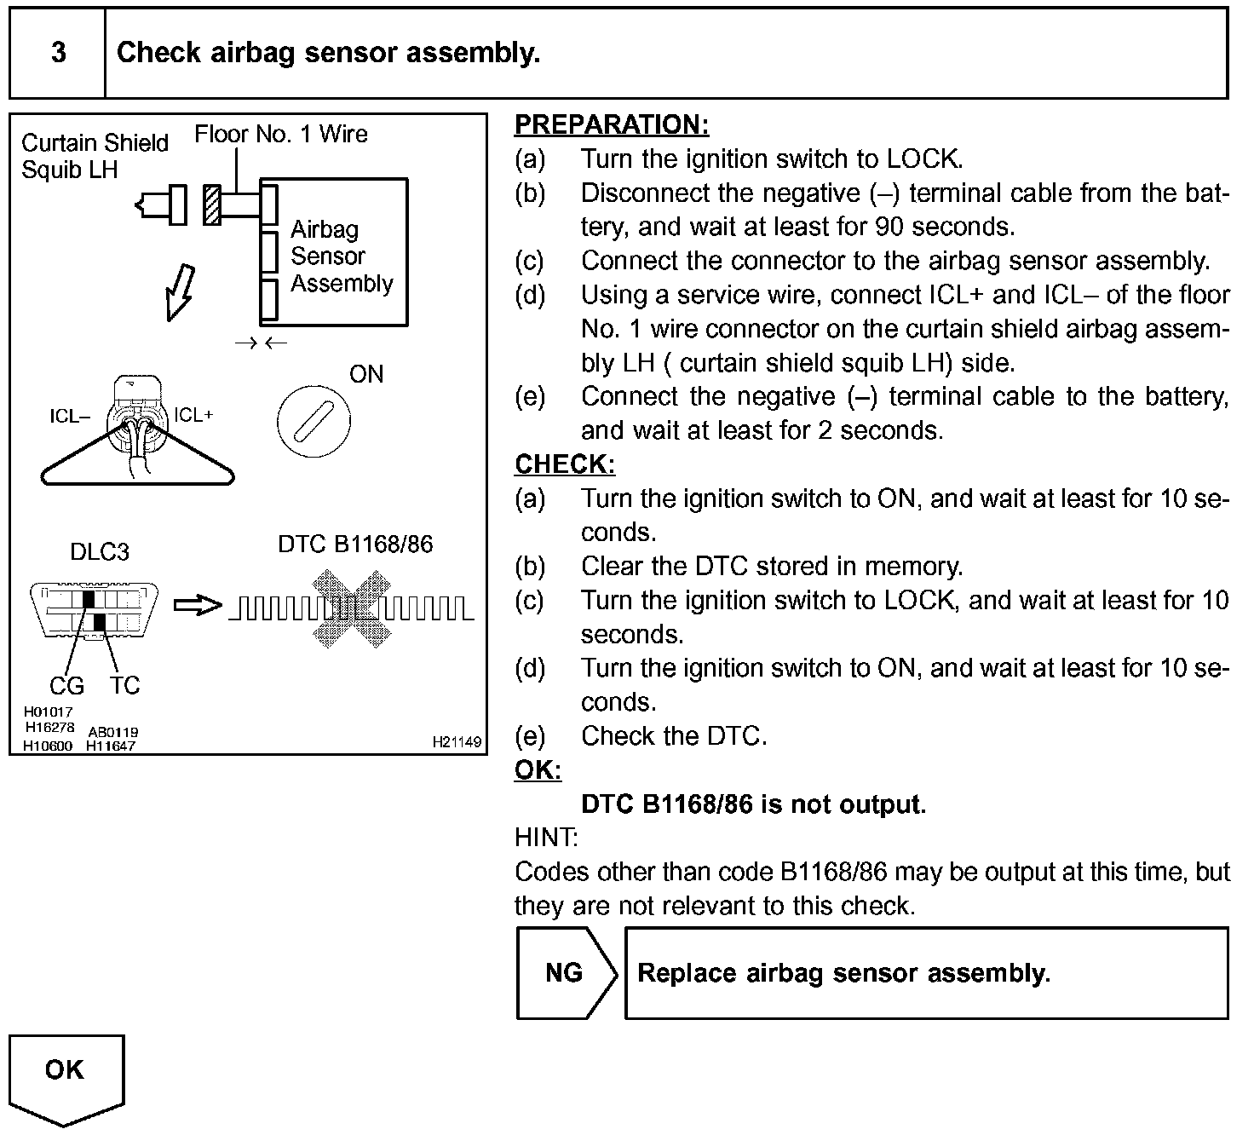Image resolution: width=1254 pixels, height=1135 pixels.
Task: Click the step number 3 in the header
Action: point(58,53)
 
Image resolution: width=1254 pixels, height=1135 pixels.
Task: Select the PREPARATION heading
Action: point(611,124)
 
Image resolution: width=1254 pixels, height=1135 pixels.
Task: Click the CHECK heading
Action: point(564,464)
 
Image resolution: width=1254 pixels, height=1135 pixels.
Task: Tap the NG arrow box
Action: point(566,973)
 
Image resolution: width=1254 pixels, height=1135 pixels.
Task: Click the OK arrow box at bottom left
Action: point(66,1075)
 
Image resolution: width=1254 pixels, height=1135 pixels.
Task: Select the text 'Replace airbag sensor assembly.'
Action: point(843,973)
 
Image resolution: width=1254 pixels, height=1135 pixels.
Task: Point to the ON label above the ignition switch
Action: point(366,375)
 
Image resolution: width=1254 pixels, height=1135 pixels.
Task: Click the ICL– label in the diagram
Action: point(70,417)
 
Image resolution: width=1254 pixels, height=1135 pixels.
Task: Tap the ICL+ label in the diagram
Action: point(194,415)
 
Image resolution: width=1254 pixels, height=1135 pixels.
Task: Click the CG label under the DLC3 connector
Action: point(66,685)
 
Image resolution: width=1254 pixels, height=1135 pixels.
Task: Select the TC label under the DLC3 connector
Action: point(124,685)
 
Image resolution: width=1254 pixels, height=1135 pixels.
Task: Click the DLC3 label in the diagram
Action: point(100,552)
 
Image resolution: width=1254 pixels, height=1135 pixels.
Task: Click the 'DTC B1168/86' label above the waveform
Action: point(355,544)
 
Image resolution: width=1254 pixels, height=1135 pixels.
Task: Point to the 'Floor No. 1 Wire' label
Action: point(281,135)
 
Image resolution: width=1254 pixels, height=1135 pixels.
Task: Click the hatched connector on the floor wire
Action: point(212,205)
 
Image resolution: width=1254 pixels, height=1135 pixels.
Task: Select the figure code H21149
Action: point(457,742)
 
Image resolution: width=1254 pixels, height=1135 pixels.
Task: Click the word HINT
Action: point(546,838)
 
